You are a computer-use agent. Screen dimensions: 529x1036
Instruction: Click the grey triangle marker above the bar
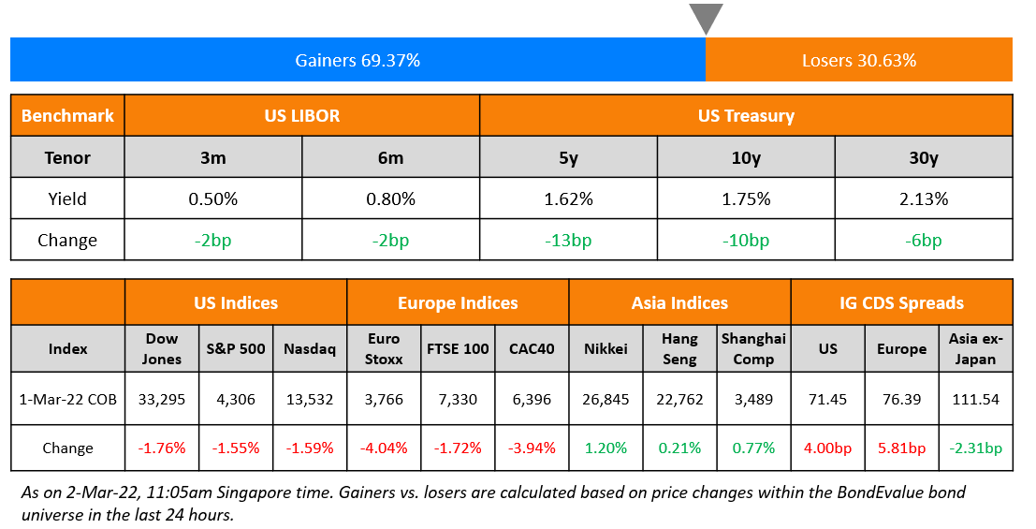click(706, 18)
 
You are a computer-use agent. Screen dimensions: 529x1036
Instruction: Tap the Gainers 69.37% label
click(357, 61)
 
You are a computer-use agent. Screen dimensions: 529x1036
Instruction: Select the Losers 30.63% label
click(858, 61)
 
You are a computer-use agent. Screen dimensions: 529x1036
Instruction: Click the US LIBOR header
click(301, 116)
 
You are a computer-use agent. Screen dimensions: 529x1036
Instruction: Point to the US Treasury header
click(746, 116)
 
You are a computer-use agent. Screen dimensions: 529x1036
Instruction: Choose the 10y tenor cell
click(746, 157)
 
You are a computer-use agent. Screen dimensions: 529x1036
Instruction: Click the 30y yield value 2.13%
click(923, 198)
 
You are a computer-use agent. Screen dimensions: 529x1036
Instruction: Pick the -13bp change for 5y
click(568, 240)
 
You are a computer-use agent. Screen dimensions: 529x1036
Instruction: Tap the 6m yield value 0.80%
click(390, 198)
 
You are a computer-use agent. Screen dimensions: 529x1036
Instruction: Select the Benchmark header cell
click(67, 116)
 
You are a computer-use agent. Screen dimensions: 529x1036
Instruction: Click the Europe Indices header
click(458, 302)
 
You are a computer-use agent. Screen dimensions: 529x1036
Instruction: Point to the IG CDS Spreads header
click(901, 302)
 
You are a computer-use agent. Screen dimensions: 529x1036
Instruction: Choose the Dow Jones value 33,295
click(162, 399)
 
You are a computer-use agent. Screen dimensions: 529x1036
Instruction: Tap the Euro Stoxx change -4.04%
click(384, 448)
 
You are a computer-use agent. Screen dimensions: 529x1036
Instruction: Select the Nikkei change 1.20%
click(606, 448)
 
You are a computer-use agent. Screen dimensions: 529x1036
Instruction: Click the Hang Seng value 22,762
click(679, 399)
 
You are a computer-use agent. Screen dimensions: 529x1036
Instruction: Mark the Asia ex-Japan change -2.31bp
click(975, 448)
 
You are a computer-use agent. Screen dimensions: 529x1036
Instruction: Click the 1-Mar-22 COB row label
click(67, 399)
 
